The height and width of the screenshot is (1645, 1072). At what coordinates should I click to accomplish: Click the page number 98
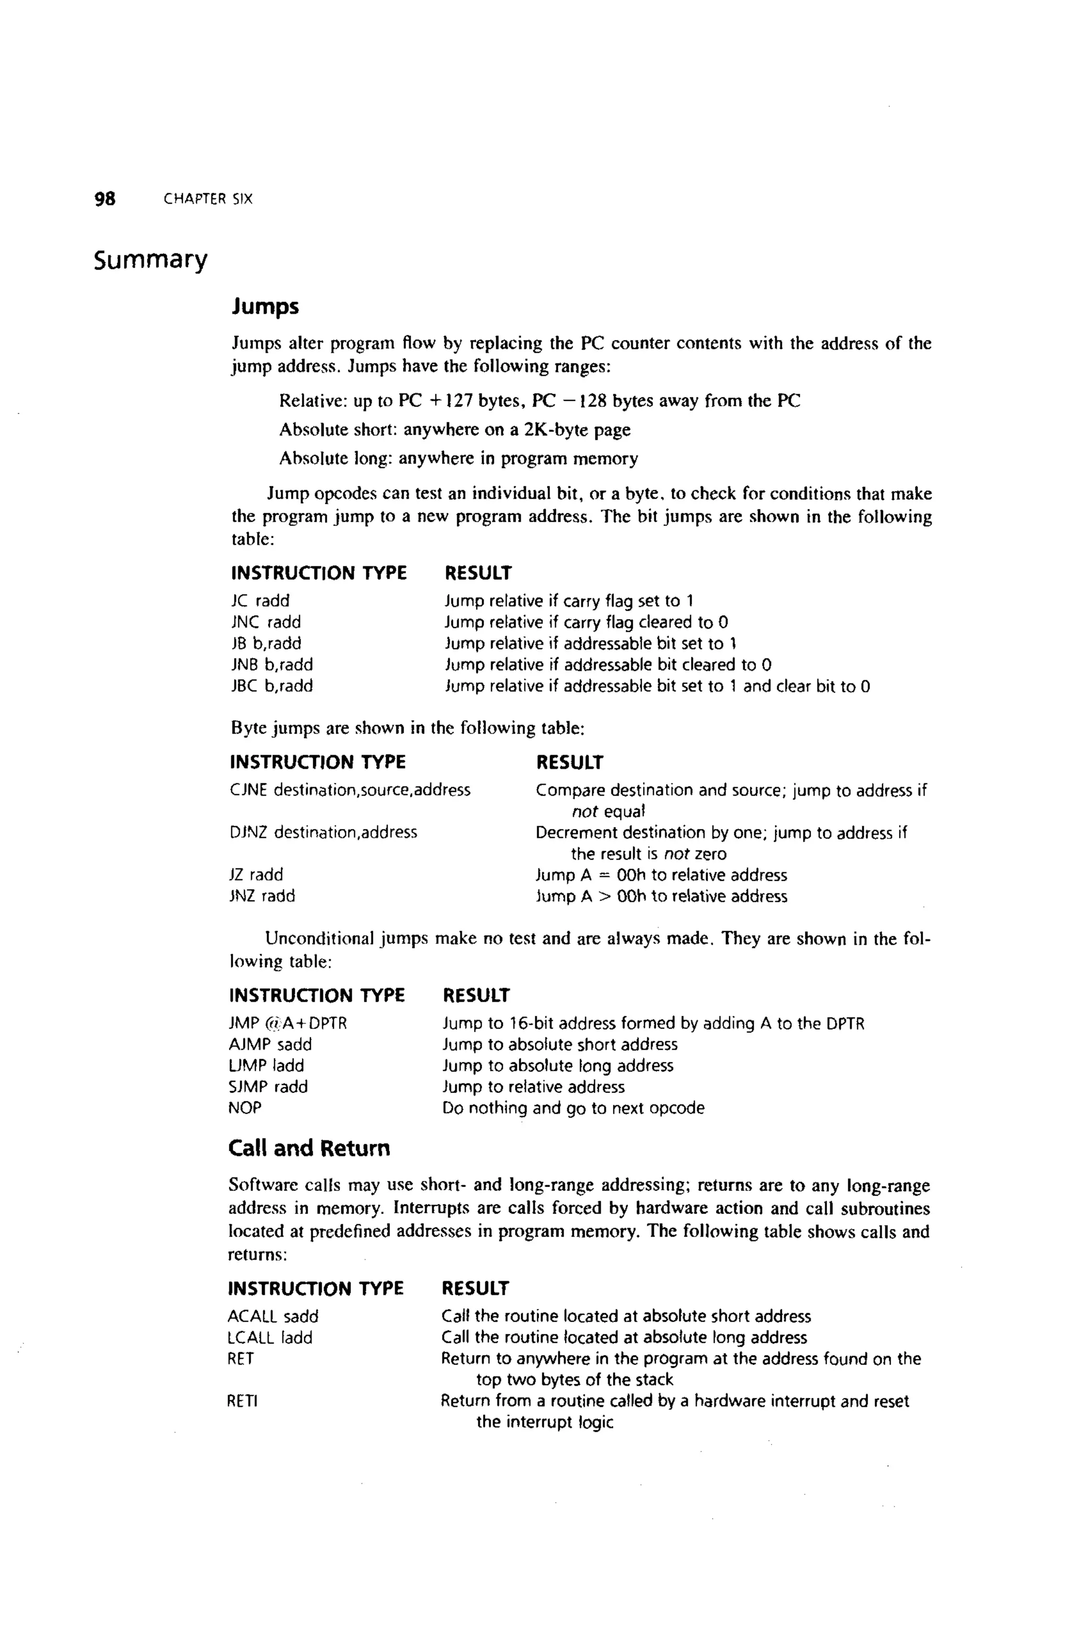(105, 199)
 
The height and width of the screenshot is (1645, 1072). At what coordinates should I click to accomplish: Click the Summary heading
(151, 260)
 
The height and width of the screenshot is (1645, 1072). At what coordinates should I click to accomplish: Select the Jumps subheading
(265, 306)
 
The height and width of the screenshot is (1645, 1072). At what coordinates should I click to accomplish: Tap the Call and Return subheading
(309, 1148)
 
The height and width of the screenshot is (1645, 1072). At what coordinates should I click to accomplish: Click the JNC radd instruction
(265, 622)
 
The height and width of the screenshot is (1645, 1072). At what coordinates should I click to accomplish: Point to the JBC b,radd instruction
(271, 686)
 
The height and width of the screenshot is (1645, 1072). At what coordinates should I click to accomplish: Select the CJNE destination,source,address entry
(350, 790)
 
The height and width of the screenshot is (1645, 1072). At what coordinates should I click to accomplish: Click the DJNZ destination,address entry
(323, 832)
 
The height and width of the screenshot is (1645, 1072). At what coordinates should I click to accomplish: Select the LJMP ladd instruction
(266, 1066)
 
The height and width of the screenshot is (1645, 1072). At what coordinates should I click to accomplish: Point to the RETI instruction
(242, 1402)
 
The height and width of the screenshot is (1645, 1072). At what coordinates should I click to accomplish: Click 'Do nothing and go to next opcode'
(573, 1108)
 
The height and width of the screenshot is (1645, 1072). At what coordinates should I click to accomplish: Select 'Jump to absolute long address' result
(557, 1066)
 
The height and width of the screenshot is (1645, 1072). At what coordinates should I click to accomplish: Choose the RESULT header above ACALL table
(475, 1289)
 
